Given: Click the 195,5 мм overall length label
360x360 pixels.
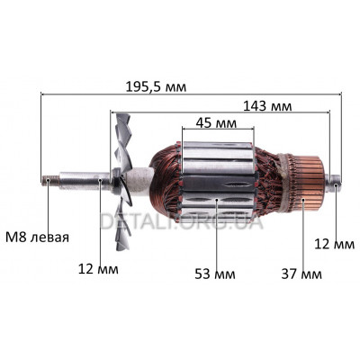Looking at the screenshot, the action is click(x=156, y=87).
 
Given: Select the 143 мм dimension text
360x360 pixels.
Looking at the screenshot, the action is click(x=267, y=106).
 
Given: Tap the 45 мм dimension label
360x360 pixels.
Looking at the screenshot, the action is click(x=216, y=122).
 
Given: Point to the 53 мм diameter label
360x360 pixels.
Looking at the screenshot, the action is click(x=215, y=274).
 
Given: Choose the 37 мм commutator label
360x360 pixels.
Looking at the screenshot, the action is click(x=301, y=274).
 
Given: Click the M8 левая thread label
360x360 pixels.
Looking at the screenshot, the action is click(x=37, y=238).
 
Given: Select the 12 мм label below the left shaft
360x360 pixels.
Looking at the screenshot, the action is click(x=98, y=269).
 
